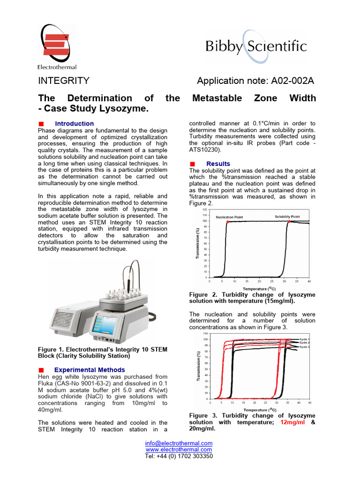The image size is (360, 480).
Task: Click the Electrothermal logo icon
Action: tap(56, 43)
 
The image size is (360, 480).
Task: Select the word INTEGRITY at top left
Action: tap(63, 81)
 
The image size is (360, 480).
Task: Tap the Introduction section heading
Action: tap(74, 124)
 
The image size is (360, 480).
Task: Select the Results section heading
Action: tap(218, 164)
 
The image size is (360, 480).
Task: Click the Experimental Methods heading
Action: tap(90, 370)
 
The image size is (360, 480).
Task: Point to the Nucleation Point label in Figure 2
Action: tap(229, 217)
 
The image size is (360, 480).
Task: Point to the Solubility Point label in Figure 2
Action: tap(287, 217)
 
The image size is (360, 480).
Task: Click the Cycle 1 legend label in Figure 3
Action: tap(305, 339)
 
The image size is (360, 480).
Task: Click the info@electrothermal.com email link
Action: tap(179, 443)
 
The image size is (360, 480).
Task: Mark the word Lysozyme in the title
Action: tap(127, 109)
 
